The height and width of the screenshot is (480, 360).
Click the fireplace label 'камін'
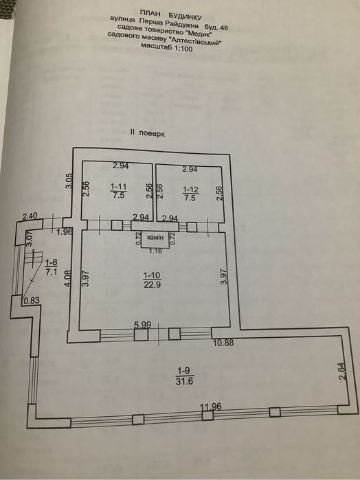coord(155,237)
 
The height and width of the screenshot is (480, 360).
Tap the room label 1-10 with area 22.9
coord(153,280)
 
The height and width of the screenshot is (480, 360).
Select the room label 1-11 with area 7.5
coord(119,191)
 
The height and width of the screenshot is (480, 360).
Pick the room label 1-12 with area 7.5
coord(190,194)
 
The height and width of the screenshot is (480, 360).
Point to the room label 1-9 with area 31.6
coord(184,376)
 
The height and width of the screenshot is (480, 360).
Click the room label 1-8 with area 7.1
coord(52,267)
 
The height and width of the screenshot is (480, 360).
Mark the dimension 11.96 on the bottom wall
coord(210,407)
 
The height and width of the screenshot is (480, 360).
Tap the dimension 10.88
coord(223,343)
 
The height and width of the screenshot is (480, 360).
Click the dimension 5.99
coord(143,325)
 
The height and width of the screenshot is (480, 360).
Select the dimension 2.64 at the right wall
coord(342,371)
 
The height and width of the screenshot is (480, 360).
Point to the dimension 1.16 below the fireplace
coord(156,251)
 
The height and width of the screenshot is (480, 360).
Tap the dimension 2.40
coord(30,216)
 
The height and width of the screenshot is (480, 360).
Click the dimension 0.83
coord(32,300)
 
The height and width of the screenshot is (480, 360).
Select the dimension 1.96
coord(65,231)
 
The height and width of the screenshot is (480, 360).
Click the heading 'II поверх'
coord(147,133)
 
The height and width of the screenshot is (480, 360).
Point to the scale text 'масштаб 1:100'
coord(166,47)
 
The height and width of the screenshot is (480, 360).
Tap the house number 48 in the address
coord(224,28)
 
